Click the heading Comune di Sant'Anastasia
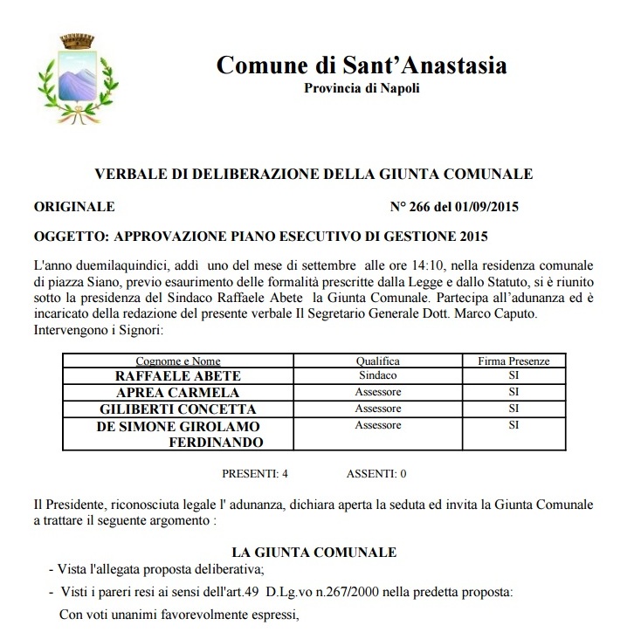tap(361, 65)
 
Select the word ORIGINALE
tap(73, 207)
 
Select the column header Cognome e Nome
tap(178, 361)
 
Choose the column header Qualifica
tap(377, 361)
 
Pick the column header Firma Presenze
tap(513, 361)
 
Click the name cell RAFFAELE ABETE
tap(178, 376)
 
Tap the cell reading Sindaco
tap(377, 376)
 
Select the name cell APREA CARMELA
tap(178, 392)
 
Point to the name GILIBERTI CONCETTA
tap(178, 409)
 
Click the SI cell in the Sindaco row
tap(513, 376)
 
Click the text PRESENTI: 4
tap(255, 474)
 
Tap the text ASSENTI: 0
tap(376, 474)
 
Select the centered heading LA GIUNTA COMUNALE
tap(314, 552)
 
